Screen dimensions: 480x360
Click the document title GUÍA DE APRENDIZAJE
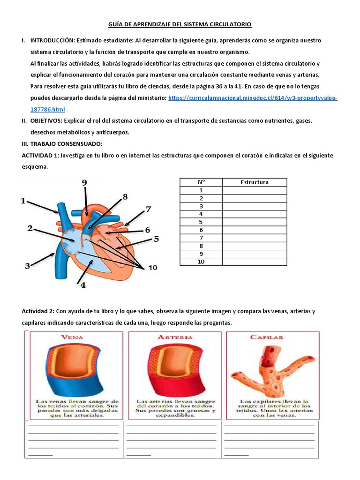pos(180,24)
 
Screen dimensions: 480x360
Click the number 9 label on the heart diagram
pos(84,183)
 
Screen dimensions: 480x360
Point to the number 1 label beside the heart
pos(22,201)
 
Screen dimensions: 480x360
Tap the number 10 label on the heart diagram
pos(153,268)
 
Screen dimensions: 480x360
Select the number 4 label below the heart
pos(83,285)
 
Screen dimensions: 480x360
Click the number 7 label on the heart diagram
pos(148,209)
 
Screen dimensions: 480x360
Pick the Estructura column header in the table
pos(254,182)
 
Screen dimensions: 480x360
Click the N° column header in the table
pos(201,182)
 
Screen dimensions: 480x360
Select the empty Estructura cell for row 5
pos(254,222)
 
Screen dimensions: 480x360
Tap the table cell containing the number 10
pos(201,262)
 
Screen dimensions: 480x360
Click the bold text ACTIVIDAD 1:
pos(40,155)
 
